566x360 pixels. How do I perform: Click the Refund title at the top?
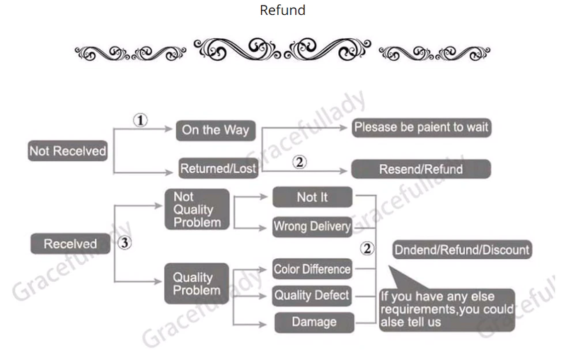coord(282,10)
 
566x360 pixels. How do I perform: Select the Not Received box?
coord(68,151)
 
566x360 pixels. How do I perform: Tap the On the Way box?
coord(215,129)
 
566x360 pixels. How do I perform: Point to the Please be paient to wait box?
coord(421,128)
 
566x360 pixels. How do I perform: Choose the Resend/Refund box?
coord(421,169)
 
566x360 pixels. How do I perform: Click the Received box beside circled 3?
coord(70,244)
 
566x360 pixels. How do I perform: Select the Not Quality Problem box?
coord(197,209)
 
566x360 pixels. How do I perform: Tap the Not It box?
coord(312,197)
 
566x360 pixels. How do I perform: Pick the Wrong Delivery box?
coord(312,226)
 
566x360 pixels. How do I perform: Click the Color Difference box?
coord(312,269)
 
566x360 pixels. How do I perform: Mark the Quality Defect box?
coord(312,295)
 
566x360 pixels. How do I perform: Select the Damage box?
coord(313,323)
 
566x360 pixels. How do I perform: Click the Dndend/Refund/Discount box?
coord(461,250)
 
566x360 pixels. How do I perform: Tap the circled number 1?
coord(141,120)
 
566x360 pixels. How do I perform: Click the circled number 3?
coord(125,243)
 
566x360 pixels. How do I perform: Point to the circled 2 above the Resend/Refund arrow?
coord(299,162)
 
